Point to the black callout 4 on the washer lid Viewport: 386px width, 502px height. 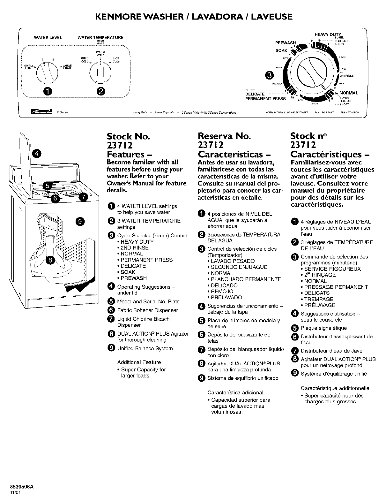(x=37, y=154)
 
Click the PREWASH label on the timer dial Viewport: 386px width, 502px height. (x=286, y=42)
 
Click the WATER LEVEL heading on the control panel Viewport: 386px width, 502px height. (x=48, y=38)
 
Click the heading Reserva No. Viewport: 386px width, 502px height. (x=224, y=136)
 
